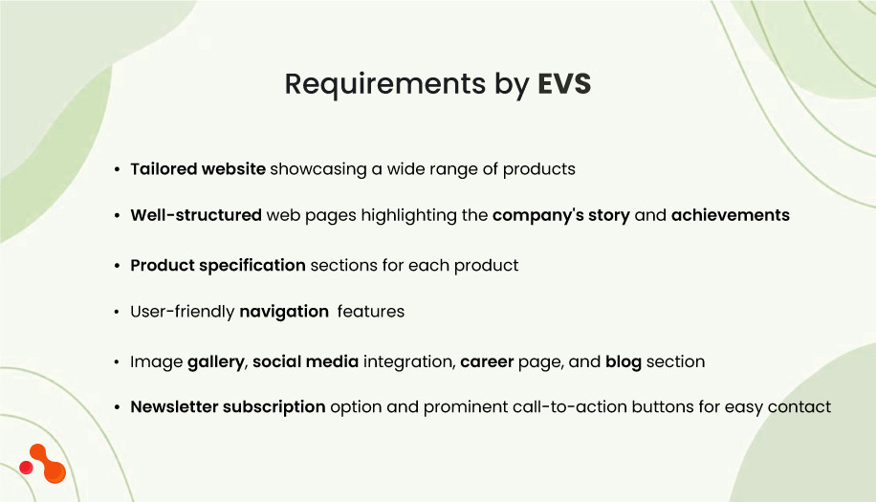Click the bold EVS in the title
click(563, 84)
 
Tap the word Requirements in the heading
click(385, 85)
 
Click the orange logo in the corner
click(43, 464)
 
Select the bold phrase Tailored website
click(198, 169)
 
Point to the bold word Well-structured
click(196, 215)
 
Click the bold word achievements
click(731, 215)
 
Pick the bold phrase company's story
click(561, 215)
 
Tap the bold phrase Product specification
click(218, 265)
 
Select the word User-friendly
click(183, 312)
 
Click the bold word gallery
click(216, 362)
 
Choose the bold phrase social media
click(306, 361)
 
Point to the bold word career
click(488, 361)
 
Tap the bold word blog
click(624, 361)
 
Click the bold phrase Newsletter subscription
click(228, 407)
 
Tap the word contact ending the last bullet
click(801, 407)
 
